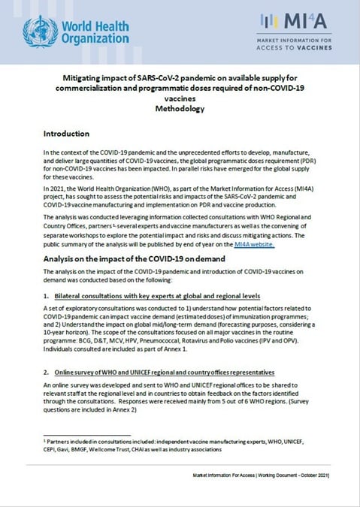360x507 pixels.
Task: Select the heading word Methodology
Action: click(x=179, y=109)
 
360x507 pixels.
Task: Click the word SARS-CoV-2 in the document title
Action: click(x=153, y=78)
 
